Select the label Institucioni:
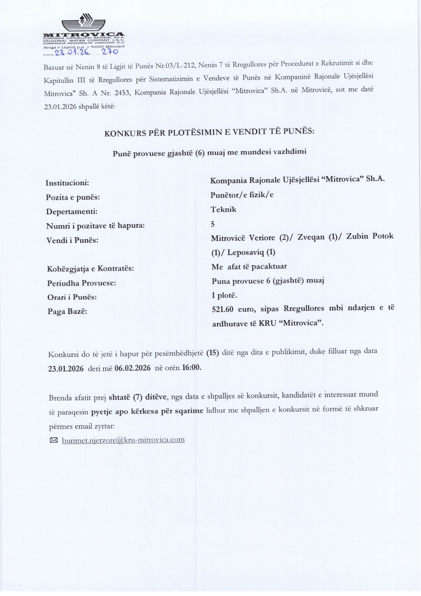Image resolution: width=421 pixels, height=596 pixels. tap(67, 183)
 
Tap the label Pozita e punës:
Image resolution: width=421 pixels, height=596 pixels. tap(73, 197)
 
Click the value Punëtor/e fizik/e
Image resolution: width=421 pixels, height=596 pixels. tap(242, 195)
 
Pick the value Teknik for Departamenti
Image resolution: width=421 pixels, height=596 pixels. tap(223, 209)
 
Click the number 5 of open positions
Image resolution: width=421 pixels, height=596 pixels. tap(213, 224)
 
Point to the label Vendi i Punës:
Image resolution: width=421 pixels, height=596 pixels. tap(72, 240)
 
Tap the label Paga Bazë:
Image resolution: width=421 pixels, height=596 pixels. tap(67, 311)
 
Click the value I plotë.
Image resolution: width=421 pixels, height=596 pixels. tap(224, 295)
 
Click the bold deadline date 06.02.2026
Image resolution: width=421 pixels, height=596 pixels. tap(133, 368)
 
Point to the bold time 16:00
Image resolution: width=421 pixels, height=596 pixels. tap(191, 368)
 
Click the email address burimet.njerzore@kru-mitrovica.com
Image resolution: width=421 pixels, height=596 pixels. tap(123, 440)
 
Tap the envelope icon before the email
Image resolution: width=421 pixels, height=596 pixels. tap(54, 440)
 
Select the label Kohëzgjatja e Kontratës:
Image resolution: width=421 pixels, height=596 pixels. tap(91, 269)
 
